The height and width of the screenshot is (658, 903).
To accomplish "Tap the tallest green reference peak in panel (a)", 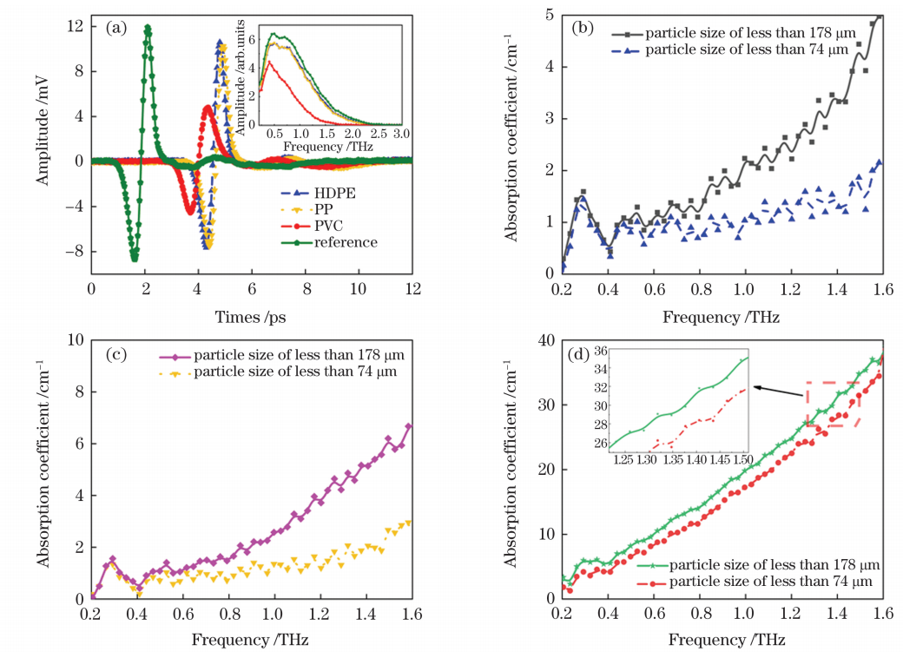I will [148, 27].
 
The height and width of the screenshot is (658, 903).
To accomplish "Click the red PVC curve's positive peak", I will [208, 108].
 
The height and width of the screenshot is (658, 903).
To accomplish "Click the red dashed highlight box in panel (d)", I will [834, 404].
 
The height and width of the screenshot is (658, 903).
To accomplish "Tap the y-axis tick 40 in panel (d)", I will [548, 341].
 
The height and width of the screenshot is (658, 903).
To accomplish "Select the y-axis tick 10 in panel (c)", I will [76, 341].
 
